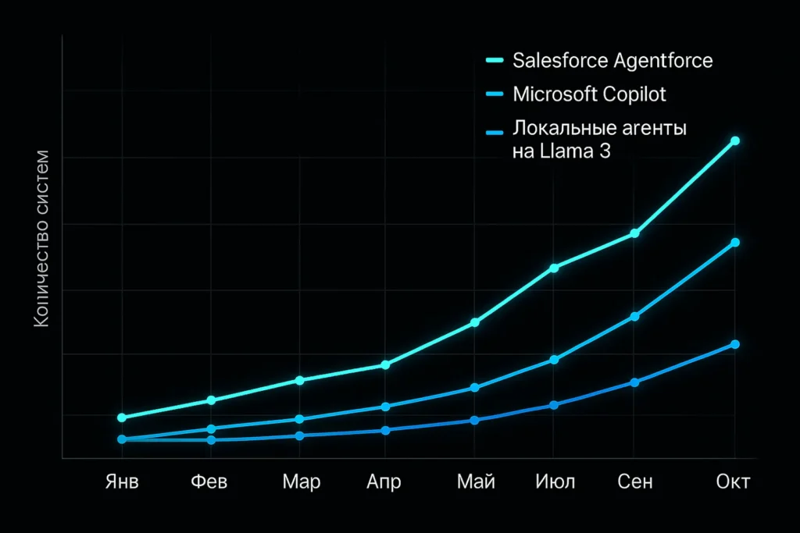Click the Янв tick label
(122, 481)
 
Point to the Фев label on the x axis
(209, 481)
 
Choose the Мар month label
(302, 481)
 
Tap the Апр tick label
(384, 481)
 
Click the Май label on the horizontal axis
(476, 481)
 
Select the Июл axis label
(555, 481)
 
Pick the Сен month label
(635, 481)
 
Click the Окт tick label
(733, 481)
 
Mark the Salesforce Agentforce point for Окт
(734, 141)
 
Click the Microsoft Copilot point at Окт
(734, 243)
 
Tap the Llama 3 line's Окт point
(734, 345)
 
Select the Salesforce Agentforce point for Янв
(122, 418)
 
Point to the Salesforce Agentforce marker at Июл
(555, 268)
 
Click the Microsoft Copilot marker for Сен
(635, 316)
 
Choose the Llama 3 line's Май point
(475, 420)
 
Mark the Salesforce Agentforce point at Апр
(385, 365)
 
